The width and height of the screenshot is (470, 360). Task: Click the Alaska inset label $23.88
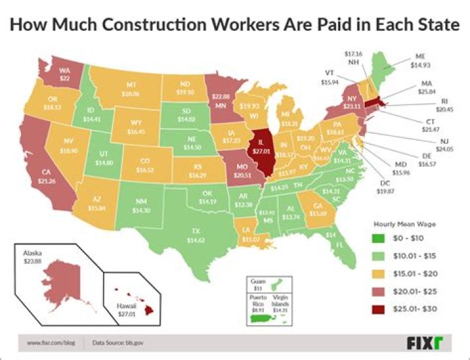coord(33,257)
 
